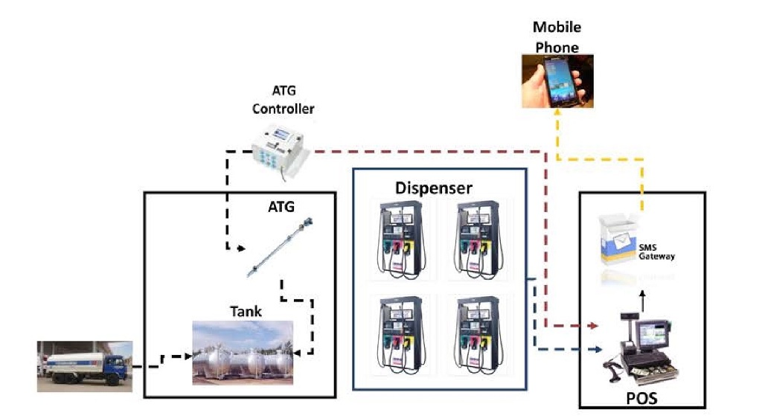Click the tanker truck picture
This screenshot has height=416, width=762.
coord(85,366)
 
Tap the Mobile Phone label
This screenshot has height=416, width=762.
coord(557,37)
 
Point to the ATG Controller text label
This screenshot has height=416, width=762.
coord(283,100)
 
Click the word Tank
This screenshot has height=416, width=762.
coord(246,311)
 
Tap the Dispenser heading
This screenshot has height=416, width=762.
coord(433,188)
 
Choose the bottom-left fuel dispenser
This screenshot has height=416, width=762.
coord(400,333)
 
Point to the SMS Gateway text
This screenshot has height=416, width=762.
coord(656,251)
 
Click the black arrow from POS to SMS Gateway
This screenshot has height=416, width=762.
coord(643,301)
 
